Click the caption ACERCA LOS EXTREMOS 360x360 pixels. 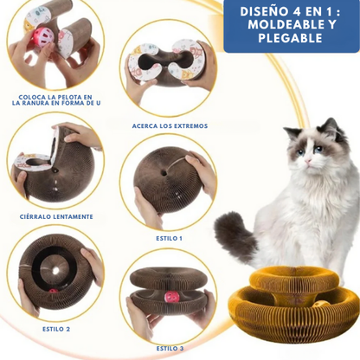point(170,125)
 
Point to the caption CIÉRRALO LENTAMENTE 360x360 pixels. point(55,216)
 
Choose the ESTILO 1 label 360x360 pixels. point(169,237)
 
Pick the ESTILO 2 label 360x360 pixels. point(56,329)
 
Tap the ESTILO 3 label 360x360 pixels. point(169,348)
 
